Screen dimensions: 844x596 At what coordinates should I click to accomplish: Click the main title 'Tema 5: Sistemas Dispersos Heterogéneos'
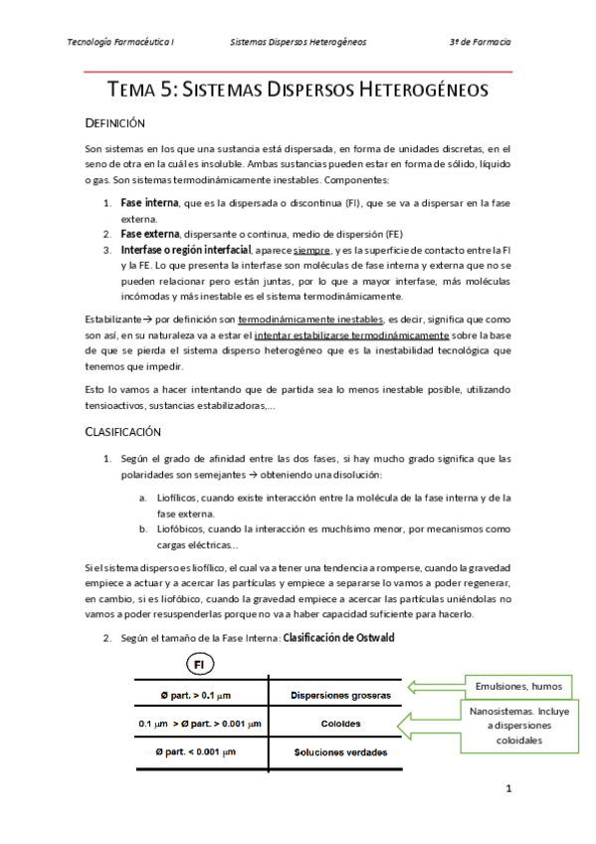298,90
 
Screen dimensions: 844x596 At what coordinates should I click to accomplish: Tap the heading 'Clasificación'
123,433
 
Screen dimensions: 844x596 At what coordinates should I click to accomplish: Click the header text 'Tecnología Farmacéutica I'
119,43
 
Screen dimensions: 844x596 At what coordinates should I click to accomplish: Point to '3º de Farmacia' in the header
480,43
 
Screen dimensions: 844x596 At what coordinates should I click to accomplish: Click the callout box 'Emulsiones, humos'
516,686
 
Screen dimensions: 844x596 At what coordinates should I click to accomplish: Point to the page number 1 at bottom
507,790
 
